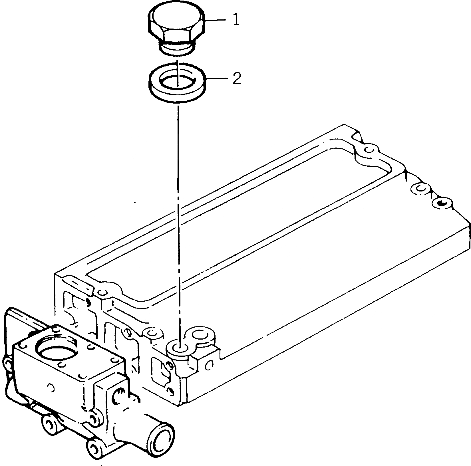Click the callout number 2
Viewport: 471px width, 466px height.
237,79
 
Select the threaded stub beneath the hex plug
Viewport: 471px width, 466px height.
177,47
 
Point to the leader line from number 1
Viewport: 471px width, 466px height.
215,20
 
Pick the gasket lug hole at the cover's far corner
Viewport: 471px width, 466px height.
370,149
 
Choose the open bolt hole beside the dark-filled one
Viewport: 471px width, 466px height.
420,188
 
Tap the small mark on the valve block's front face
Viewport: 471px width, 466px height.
51,387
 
